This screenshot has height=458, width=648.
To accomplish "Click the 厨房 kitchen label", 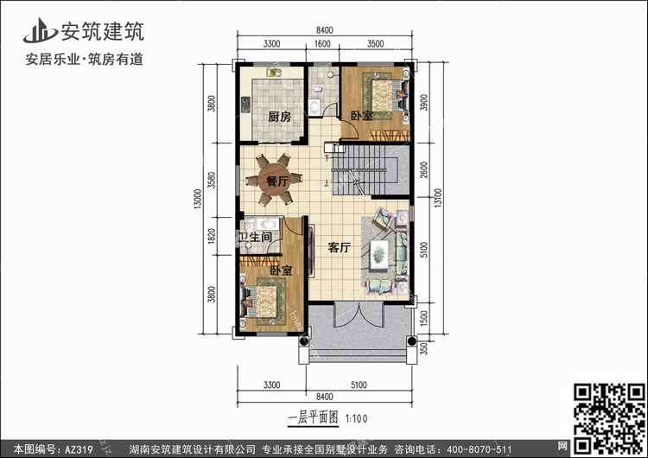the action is coord(279,117).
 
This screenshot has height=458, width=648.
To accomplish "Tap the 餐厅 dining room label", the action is coord(276,181).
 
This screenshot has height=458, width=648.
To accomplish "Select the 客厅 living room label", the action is coord(340,248).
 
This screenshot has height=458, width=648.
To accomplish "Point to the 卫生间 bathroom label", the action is coord(256,237).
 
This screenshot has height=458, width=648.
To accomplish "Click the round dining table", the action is coord(274,181).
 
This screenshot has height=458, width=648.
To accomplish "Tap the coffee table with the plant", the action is coord(378,254).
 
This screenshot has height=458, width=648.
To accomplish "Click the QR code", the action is coord(610,418).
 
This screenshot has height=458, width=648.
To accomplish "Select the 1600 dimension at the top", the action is coord(322,44).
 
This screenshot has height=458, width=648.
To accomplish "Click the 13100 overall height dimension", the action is coord(438,198).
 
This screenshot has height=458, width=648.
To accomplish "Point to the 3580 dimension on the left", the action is coord(212,180).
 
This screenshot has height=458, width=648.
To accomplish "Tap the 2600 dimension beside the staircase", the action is coord(423,169).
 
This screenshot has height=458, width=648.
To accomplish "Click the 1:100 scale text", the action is coord(356,419).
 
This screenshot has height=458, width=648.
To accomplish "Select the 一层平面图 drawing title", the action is coord(313,417).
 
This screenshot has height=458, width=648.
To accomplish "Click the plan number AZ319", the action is coord(79,448).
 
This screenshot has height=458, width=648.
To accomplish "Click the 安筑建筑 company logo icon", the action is coord(39,30).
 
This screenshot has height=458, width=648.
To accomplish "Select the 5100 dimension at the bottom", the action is coord(359,385).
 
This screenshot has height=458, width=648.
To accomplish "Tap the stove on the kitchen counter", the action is coord(245,105).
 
